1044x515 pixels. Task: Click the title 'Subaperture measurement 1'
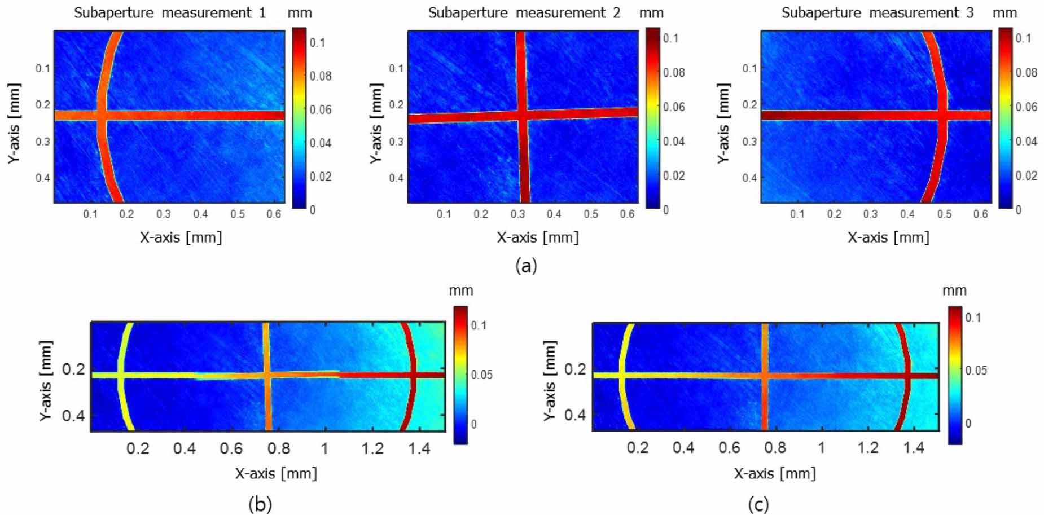click(170, 13)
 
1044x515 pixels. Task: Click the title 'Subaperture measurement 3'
click(878, 13)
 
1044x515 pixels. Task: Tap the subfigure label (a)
click(526, 265)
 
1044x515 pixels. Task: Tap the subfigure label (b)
click(260, 504)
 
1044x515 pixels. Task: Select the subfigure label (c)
click(758, 504)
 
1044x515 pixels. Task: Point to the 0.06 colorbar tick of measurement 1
click(320, 109)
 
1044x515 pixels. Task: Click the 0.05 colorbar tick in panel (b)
click(481, 375)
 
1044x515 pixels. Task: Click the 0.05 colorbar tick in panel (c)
click(975, 371)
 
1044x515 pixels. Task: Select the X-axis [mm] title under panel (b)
click(276, 473)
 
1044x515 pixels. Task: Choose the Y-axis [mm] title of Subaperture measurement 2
click(376, 124)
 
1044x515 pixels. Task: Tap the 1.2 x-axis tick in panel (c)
click(868, 448)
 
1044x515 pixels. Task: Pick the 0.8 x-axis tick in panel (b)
click(279, 449)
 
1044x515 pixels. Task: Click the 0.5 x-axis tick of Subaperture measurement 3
click(944, 214)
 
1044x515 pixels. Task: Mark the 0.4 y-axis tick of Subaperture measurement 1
click(43, 178)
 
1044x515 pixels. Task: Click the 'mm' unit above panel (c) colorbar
click(954, 291)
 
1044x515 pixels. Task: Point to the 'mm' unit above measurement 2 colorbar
click(651, 13)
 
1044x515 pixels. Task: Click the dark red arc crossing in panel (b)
click(414, 375)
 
